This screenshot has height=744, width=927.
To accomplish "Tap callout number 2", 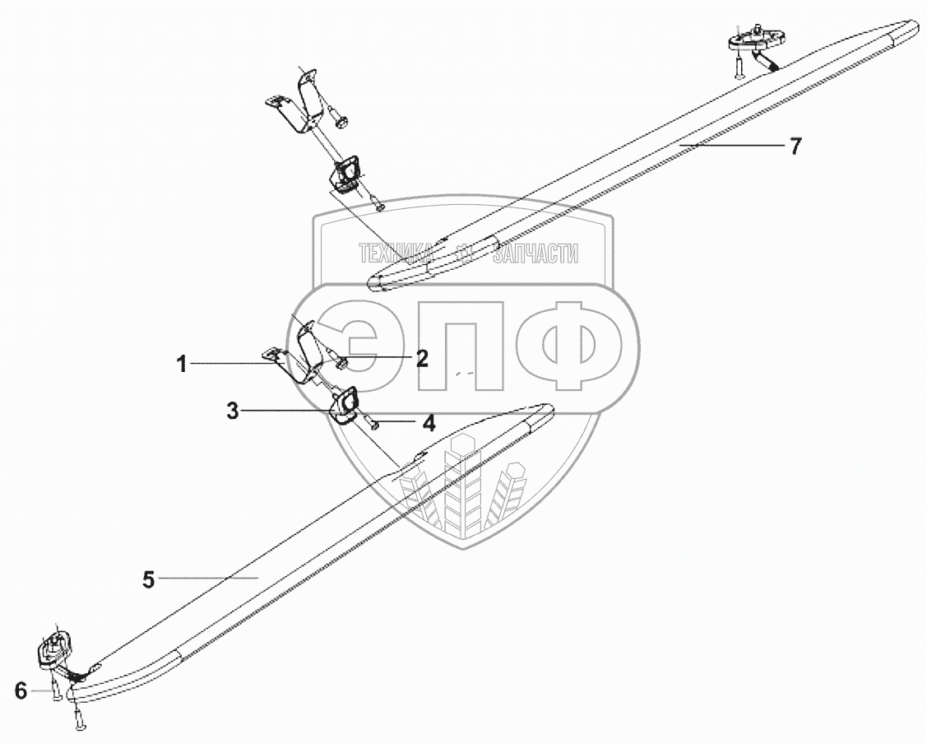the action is pyautogui.click(x=421, y=358).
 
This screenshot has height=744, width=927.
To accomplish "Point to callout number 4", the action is pyautogui.click(x=429, y=424).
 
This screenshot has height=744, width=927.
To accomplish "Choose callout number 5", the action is pyautogui.click(x=148, y=579).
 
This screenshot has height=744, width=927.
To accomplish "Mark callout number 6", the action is pyautogui.click(x=21, y=691).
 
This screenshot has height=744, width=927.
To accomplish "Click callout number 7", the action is pyautogui.click(x=795, y=146).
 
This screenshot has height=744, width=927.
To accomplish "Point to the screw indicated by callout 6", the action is pyautogui.click(x=56, y=690).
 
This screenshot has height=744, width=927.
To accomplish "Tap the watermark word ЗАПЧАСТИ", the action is pyautogui.click(x=535, y=254).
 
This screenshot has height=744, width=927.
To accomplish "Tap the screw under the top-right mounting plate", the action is pyautogui.click(x=739, y=66).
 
